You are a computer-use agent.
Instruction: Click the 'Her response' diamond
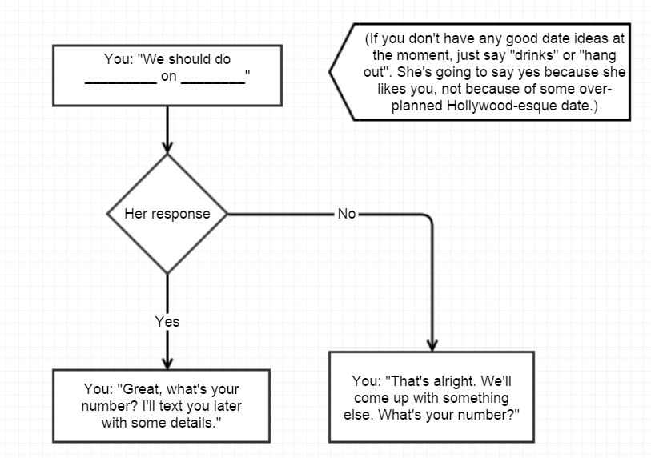167,214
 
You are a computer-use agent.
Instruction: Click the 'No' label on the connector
346,215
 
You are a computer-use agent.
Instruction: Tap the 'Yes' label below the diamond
167,322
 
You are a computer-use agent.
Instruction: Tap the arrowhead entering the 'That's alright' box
432,343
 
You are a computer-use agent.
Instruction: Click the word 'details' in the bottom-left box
197,421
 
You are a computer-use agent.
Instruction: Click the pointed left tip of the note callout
329,70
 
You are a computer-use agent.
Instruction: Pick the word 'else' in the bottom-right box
366,414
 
